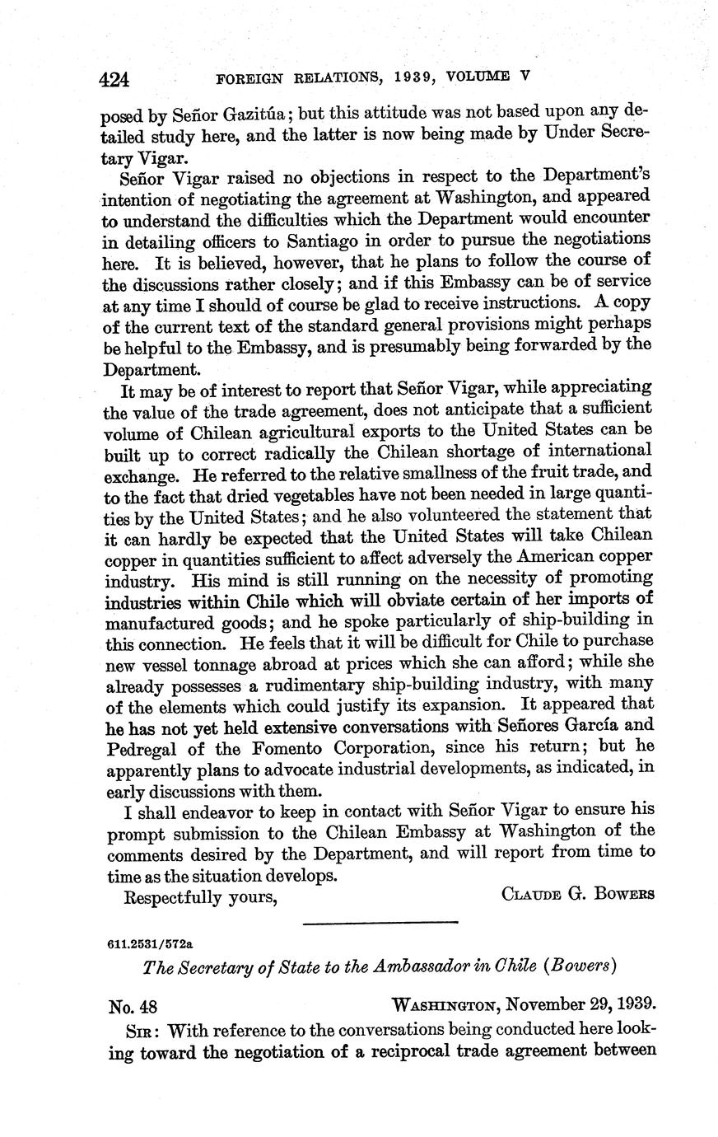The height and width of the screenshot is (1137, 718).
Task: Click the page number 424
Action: click(x=115, y=79)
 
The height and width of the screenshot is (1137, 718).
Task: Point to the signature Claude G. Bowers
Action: click(x=578, y=895)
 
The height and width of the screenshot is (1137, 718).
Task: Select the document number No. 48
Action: click(x=133, y=1005)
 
